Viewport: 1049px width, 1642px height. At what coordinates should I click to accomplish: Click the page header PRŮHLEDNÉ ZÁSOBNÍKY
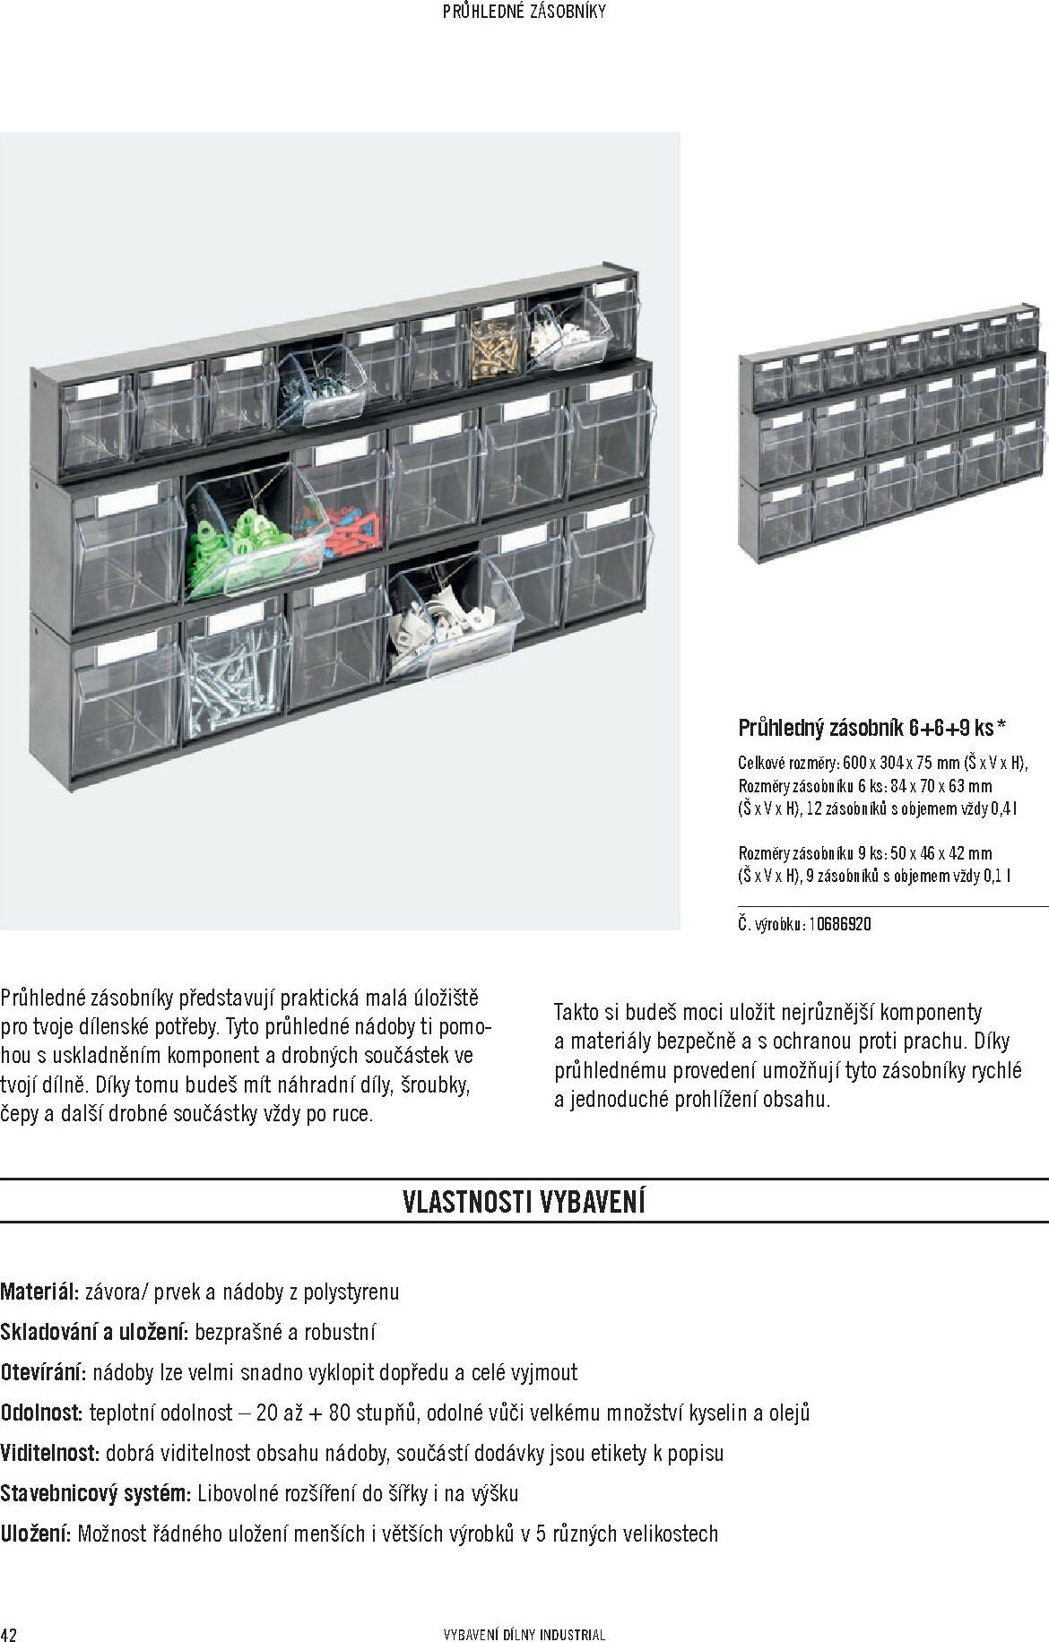click(x=525, y=12)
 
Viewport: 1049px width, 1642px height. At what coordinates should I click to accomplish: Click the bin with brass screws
click(x=494, y=345)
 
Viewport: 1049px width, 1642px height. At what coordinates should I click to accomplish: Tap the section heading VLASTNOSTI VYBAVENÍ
click(x=524, y=1201)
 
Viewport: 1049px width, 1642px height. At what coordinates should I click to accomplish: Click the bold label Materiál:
click(x=40, y=1292)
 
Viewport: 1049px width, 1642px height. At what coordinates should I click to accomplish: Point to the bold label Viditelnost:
click(x=50, y=1453)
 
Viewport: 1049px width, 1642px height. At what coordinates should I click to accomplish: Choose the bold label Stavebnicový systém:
click(x=95, y=1493)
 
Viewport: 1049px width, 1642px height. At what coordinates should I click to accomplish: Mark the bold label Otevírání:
click(x=43, y=1372)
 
